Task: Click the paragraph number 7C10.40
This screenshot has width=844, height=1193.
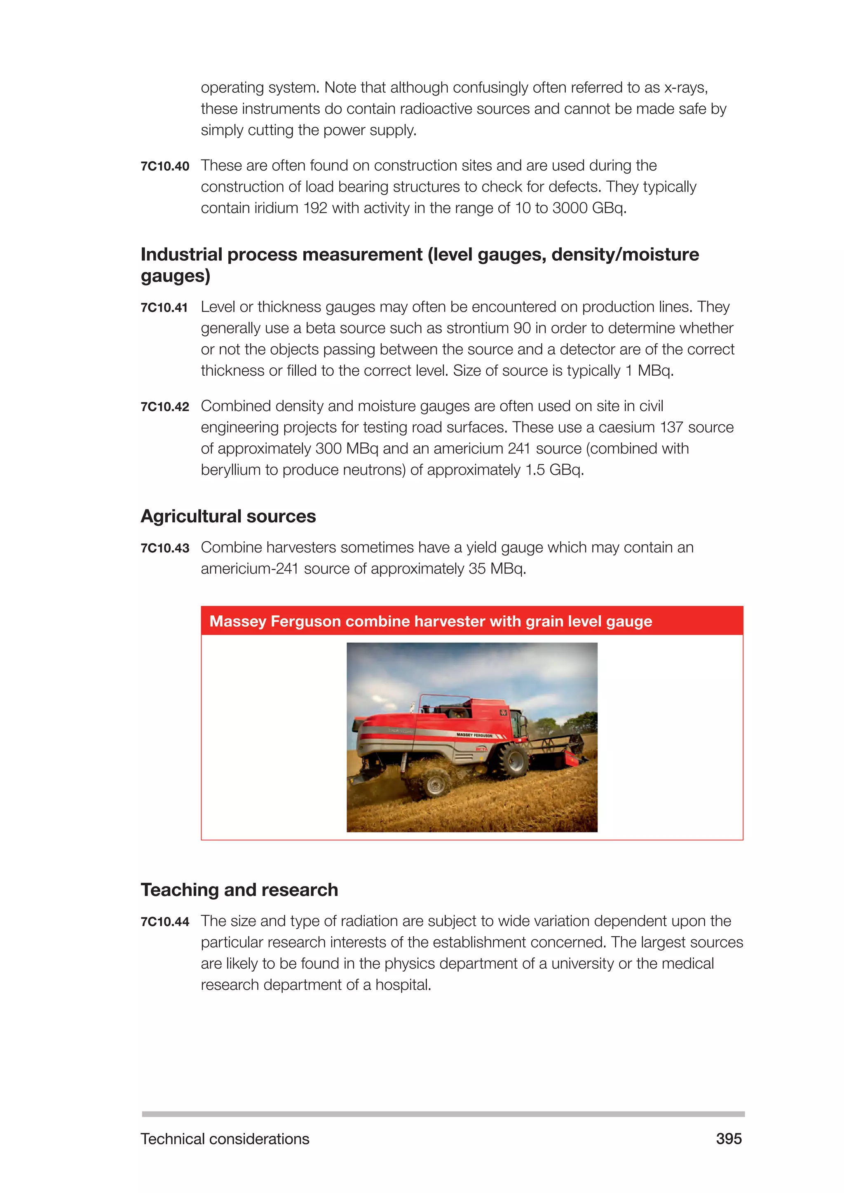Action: point(165,166)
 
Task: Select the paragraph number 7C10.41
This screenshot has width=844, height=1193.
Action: point(164,308)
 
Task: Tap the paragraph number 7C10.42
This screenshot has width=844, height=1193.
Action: point(165,407)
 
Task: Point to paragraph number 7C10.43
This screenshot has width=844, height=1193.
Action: point(165,548)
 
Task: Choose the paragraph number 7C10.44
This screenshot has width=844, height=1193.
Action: point(165,922)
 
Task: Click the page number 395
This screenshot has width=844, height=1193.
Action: point(729,1139)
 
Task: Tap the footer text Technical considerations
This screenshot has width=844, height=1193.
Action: point(225,1139)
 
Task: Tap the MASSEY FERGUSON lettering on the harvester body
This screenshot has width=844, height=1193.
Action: point(474,735)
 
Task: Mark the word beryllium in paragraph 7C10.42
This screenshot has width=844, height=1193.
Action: point(231,470)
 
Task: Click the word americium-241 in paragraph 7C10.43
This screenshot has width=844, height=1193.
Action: point(249,569)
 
